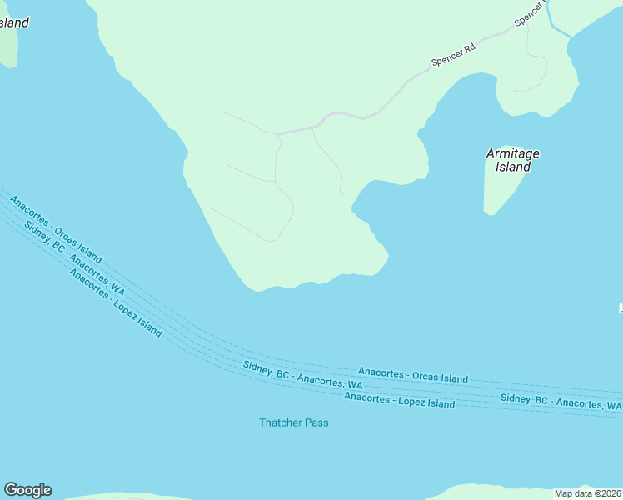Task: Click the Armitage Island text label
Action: click(512, 160)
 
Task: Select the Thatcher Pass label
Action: click(293, 422)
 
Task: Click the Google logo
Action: click(27, 490)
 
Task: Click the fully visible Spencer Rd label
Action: click(453, 56)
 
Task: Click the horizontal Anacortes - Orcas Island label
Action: click(412, 374)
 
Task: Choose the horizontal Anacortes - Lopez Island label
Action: click(399, 400)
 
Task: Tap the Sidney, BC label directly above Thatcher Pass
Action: click(302, 376)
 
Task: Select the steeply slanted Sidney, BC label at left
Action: click(74, 259)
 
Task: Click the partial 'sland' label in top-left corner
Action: click(14, 22)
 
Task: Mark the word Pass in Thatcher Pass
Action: click(316, 422)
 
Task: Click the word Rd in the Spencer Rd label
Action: click(469, 49)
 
